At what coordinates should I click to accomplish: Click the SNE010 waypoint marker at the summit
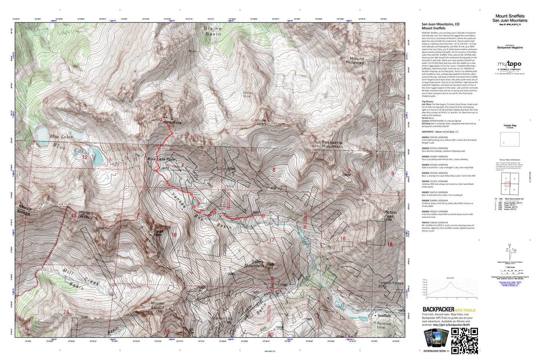pos(161,120)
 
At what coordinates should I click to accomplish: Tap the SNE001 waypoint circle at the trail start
pos(264,215)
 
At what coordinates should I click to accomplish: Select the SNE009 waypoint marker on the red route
pos(172,133)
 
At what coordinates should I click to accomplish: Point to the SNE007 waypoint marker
pos(156,171)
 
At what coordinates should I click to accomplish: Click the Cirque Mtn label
pos(259,122)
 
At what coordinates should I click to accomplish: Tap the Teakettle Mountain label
pos(332,144)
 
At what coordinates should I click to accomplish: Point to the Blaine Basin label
pos(213,31)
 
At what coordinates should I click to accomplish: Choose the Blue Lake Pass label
pos(161,160)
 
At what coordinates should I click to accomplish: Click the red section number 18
pos(174,235)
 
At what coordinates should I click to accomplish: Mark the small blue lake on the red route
pos(195,203)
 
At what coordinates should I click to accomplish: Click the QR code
pos(464,340)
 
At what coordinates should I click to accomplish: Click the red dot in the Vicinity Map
pos(504,143)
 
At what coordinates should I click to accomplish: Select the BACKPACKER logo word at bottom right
pos(438,309)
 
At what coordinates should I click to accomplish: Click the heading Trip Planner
pos(428,102)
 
